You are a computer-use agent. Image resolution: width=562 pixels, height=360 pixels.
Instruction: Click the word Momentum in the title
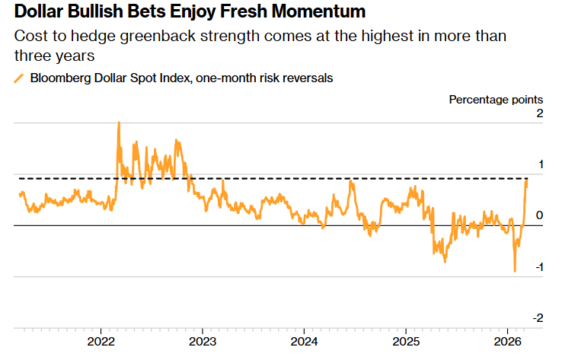pyautogui.click(x=319, y=11)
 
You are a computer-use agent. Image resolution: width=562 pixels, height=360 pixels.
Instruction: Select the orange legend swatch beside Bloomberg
pyautogui.click(x=19, y=78)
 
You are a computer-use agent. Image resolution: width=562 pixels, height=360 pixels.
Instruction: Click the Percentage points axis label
pyautogui.click(x=496, y=99)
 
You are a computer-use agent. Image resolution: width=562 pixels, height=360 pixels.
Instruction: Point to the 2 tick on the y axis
pyautogui.click(x=539, y=113)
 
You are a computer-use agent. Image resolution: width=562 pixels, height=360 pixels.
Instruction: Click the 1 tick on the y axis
pyautogui.click(x=539, y=164)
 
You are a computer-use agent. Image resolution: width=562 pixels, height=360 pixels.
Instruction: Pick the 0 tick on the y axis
pyautogui.click(x=539, y=215)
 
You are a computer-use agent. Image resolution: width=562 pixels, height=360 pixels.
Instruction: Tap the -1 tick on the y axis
pyautogui.click(x=538, y=267)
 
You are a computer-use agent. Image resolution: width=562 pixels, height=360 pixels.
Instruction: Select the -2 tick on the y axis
pyautogui.click(x=538, y=317)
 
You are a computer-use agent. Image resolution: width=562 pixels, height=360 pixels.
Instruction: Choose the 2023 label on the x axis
pyautogui.click(x=203, y=339)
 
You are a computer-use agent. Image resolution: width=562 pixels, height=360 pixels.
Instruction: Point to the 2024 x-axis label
pyautogui.click(x=304, y=339)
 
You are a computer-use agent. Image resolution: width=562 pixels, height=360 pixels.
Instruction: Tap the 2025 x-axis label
pyautogui.click(x=405, y=339)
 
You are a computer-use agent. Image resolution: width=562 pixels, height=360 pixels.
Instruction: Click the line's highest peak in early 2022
pyautogui.click(x=118, y=123)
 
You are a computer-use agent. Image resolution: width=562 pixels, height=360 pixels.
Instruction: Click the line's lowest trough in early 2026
pyautogui.click(x=515, y=271)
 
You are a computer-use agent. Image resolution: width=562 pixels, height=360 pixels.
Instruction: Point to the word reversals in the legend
pyautogui.click(x=306, y=78)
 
